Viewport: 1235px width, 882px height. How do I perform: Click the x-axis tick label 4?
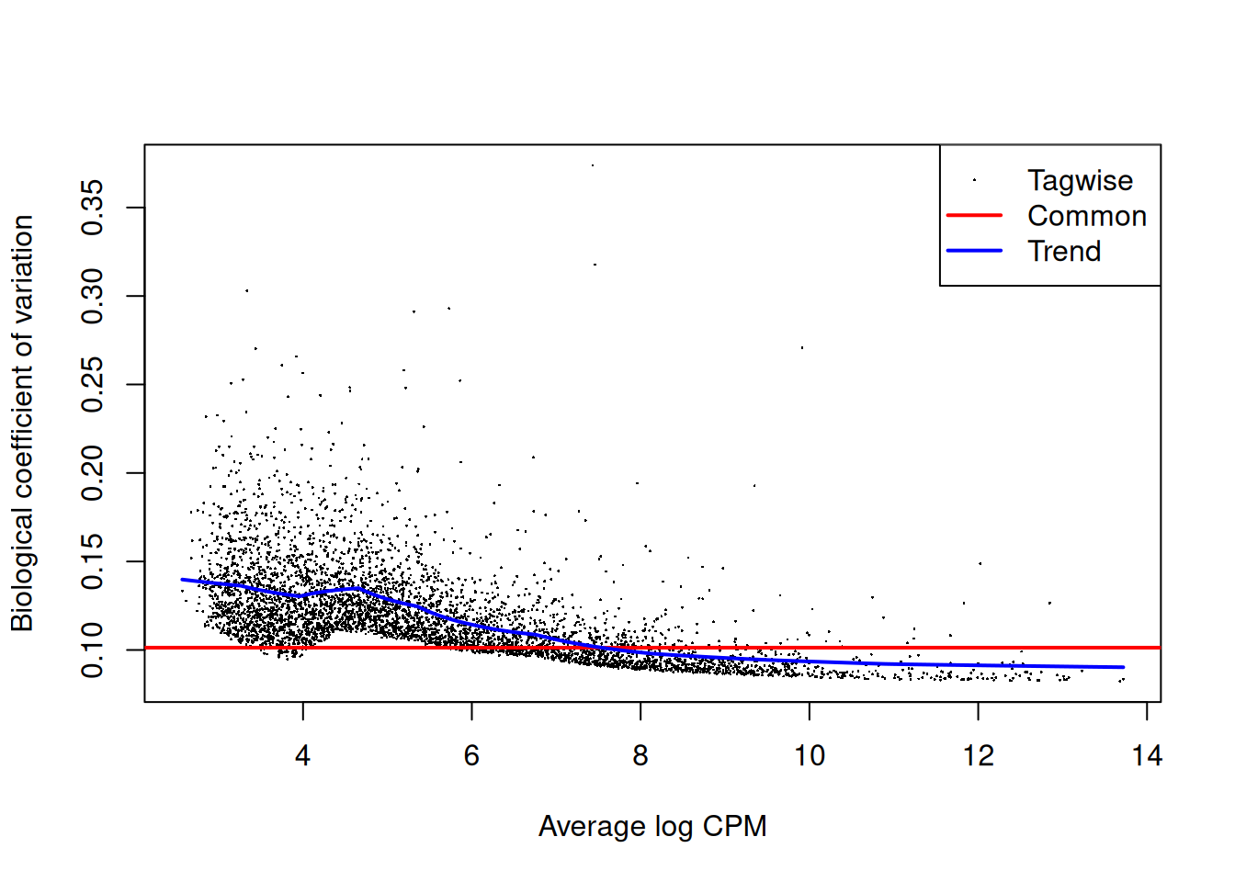coord(302,756)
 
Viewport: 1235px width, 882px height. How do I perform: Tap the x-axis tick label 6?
coord(471,756)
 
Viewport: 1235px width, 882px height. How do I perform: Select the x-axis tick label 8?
coord(640,756)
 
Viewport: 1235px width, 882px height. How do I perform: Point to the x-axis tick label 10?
coord(810,756)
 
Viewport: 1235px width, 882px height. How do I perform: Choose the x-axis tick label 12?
coord(978,756)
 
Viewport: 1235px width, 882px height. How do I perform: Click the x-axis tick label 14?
coord(1147,756)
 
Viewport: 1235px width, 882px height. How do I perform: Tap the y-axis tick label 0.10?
coord(93,650)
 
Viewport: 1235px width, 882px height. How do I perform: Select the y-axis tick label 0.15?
coord(93,561)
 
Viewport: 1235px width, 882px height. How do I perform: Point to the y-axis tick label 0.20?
coord(93,473)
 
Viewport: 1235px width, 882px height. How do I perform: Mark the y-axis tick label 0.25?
coord(93,385)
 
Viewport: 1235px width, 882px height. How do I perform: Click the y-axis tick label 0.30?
coord(93,296)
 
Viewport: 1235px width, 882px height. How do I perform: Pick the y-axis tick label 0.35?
coord(93,208)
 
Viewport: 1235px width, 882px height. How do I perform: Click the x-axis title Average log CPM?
coord(652,826)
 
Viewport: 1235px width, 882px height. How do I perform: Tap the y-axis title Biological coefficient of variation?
coord(22,424)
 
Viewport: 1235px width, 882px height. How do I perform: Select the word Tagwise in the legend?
coord(1080,181)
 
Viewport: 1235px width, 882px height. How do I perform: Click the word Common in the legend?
coord(1087,216)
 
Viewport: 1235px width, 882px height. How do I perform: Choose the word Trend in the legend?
coord(1064,251)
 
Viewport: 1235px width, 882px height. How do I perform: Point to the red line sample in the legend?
coord(974,216)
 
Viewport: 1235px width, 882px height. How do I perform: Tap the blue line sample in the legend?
coord(974,251)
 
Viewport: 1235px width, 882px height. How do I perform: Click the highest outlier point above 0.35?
coord(593,165)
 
